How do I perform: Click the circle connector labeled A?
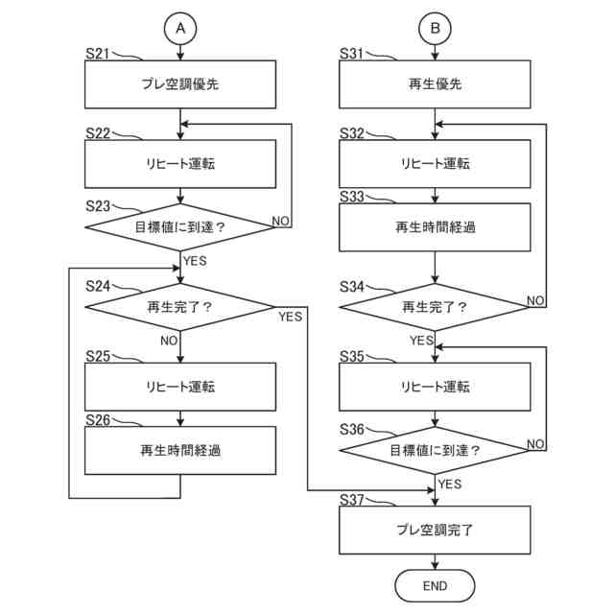[180, 30]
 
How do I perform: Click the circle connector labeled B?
[436, 30]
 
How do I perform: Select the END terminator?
[436, 584]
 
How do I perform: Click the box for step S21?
[180, 84]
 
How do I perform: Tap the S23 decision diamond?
[180, 227]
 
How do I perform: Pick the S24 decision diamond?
[180, 307]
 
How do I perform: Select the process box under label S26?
[180, 450]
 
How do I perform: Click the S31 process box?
[436, 84]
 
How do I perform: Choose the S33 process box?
[436, 227]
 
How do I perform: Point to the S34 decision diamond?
[436, 307]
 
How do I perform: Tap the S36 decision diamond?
[436, 449]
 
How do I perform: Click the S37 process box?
[436, 530]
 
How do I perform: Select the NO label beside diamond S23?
[281, 221]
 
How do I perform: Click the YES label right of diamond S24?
[290, 316]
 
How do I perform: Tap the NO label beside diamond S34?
[536, 300]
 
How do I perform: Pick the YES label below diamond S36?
[450, 484]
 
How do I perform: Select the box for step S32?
[436, 164]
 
